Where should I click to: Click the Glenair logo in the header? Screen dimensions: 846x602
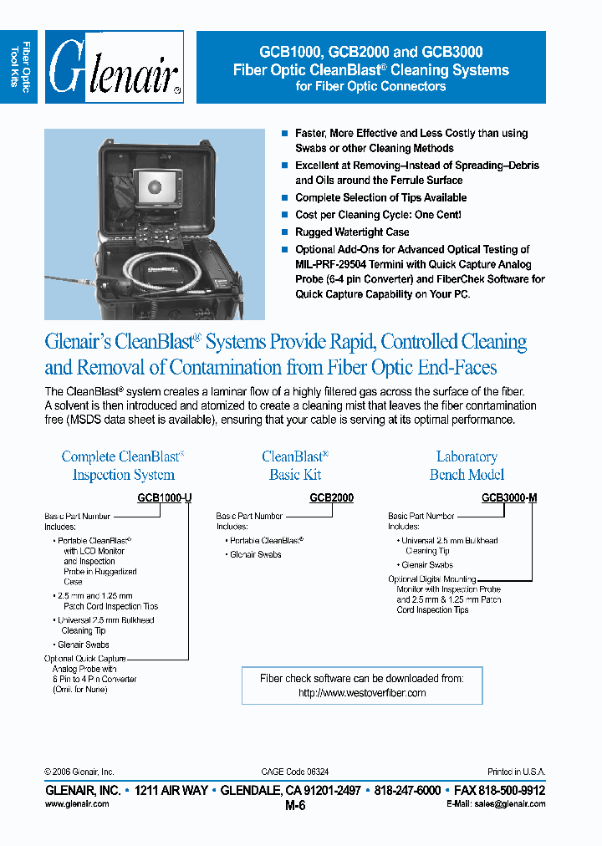[115, 67]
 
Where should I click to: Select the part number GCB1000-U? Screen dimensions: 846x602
[165, 497]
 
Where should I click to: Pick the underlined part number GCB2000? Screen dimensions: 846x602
[331, 497]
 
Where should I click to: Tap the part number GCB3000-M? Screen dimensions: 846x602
[509, 497]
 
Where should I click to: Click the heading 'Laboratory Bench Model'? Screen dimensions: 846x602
[467, 466]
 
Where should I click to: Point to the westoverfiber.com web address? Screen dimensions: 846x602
[362, 693]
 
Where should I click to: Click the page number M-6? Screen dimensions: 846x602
[296, 806]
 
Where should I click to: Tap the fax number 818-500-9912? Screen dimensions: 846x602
[513, 790]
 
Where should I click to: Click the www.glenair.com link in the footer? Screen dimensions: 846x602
[76, 803]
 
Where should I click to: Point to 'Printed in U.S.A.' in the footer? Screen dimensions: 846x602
[516, 772]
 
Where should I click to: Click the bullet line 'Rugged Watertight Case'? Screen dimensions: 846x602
[352, 232]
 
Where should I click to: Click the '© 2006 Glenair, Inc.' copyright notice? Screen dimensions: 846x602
[79, 772]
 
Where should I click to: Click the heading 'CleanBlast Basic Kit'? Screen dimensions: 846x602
[295, 466]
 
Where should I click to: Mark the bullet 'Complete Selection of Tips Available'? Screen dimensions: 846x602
[380, 197]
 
